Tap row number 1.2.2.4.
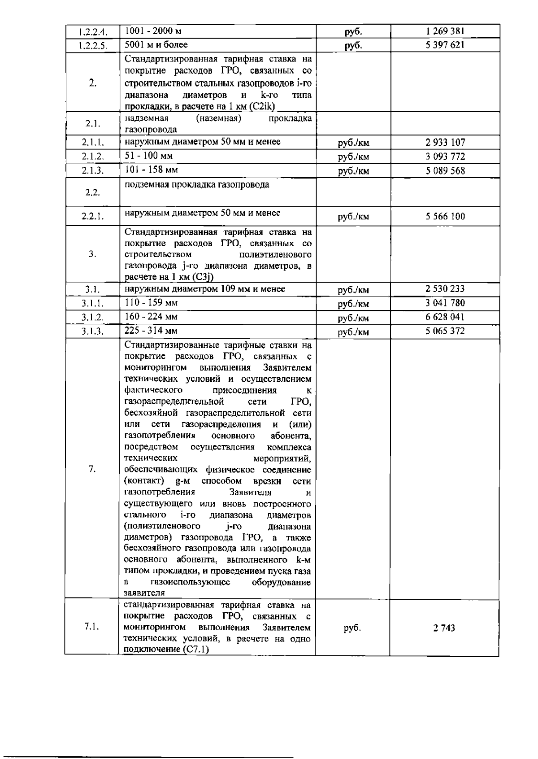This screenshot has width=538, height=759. tap(92, 32)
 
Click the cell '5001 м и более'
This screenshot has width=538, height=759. tap(156, 44)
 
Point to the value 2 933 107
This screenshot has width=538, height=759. tap(445, 143)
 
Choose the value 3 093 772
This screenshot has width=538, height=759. tap(445, 157)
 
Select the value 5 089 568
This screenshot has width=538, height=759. tap(445, 171)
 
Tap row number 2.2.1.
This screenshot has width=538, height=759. tap(93, 217)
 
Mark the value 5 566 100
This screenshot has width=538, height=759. tap(445, 217)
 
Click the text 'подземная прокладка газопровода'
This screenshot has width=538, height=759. tap(197, 184)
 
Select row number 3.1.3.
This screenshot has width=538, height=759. tap(92, 332)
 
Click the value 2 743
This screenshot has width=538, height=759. tap(444, 628)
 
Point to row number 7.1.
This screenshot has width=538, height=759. tap(92, 627)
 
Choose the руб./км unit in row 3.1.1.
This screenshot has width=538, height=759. tap(353, 304)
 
